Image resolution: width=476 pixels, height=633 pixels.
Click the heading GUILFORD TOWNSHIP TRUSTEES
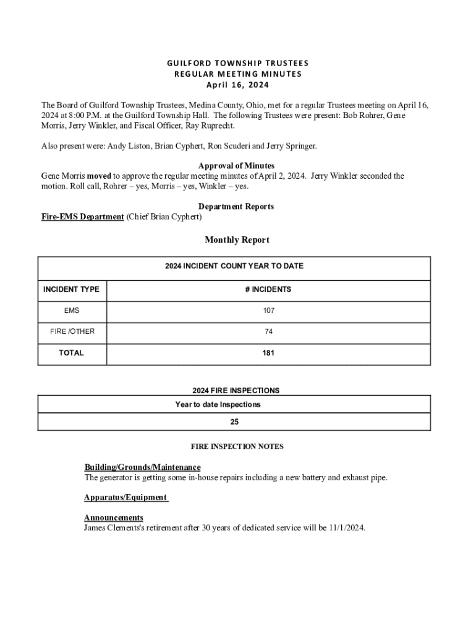(x=238, y=63)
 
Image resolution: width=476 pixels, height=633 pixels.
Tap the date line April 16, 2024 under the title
(x=238, y=85)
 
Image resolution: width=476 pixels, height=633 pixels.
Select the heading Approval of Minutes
(x=236, y=166)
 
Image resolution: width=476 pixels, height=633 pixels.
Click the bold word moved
(x=99, y=176)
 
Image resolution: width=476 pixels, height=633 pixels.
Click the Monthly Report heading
(x=237, y=240)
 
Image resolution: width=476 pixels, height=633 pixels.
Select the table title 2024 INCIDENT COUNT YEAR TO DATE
(x=234, y=266)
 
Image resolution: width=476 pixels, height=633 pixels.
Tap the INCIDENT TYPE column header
(x=71, y=289)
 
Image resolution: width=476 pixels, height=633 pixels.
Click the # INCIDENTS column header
(x=268, y=289)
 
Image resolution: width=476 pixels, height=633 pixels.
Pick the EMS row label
(x=72, y=310)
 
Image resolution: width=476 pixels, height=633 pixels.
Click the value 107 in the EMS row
(x=268, y=310)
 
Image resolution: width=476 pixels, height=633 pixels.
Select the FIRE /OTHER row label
(x=72, y=331)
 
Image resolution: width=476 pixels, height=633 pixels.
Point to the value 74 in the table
(x=268, y=332)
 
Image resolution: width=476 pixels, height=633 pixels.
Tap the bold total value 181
(x=268, y=354)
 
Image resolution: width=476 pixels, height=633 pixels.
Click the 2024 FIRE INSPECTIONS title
(x=236, y=391)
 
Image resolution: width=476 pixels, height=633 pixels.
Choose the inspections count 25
(x=234, y=422)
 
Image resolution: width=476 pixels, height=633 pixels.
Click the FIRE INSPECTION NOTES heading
(x=237, y=446)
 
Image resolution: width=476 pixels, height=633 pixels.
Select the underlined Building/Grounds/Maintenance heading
(x=142, y=467)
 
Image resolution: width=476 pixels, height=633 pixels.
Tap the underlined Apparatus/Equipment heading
(x=125, y=498)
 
